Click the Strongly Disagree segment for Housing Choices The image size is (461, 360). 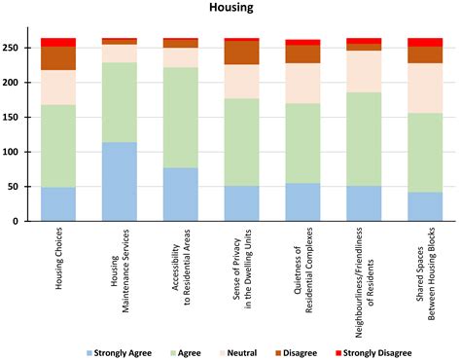point(57,42)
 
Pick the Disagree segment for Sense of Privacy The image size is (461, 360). point(241,53)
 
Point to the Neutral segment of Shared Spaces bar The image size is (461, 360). point(424,88)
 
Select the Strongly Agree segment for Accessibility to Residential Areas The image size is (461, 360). point(180,195)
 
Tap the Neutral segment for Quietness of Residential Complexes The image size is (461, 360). point(302,83)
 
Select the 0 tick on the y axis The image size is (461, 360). point(25,222)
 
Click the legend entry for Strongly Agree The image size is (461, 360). point(123,351)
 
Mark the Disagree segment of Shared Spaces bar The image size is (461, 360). point(424,54)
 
